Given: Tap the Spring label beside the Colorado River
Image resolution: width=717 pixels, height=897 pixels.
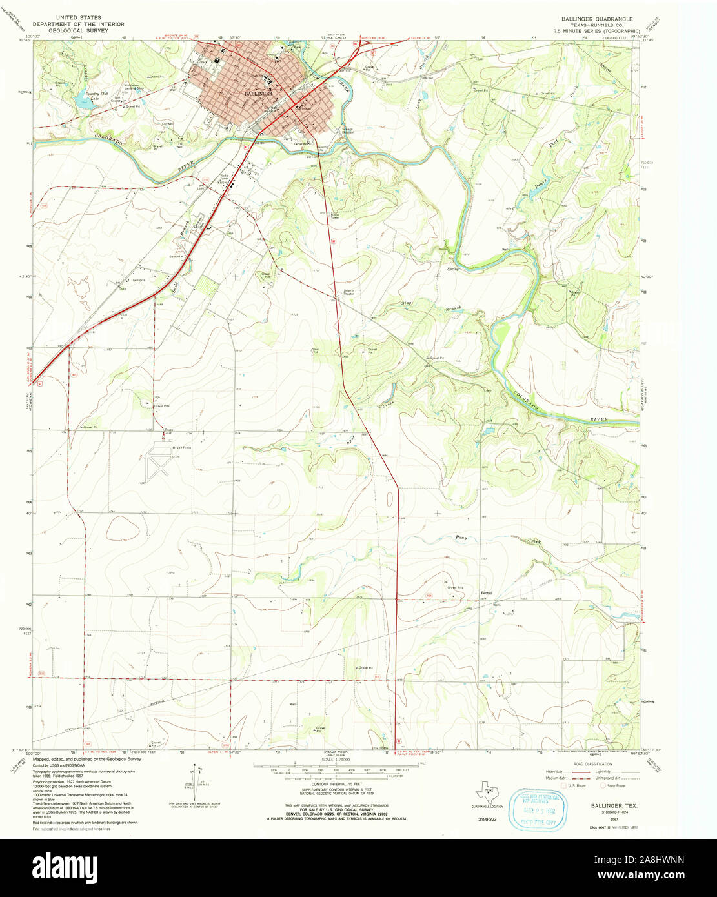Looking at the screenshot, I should pyautogui.click(x=453, y=268).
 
